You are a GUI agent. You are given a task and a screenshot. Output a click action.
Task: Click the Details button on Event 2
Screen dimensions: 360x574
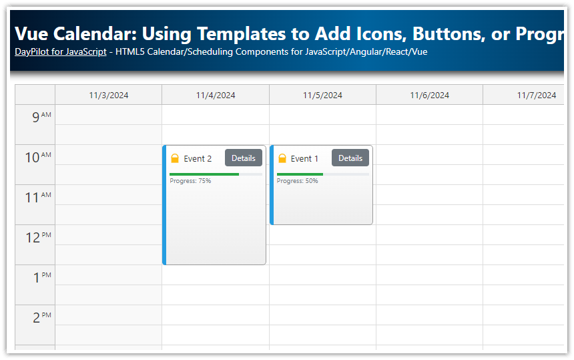pyautogui.click(x=244, y=158)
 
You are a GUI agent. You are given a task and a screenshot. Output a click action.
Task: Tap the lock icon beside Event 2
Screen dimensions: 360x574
pyautogui.click(x=175, y=158)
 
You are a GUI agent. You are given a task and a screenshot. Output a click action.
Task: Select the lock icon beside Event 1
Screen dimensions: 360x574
pyautogui.click(x=282, y=158)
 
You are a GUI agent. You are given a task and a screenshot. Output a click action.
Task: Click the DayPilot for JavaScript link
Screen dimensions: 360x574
pyautogui.click(x=60, y=51)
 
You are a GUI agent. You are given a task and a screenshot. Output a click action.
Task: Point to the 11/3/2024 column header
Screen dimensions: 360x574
pyautogui.click(x=109, y=95)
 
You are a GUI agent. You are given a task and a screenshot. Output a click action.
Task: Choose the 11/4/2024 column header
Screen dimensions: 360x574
pyautogui.click(x=216, y=95)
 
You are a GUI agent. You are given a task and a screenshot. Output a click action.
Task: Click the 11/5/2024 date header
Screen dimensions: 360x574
pyautogui.click(x=322, y=95)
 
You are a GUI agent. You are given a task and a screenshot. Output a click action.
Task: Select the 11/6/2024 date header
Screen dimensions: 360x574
pyautogui.click(x=429, y=95)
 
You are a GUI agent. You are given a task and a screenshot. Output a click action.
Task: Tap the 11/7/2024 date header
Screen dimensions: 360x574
pyautogui.click(x=536, y=95)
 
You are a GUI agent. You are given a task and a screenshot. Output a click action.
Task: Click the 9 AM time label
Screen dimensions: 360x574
pyautogui.click(x=41, y=118)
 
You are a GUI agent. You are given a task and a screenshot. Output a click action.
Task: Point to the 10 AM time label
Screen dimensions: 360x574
pyautogui.click(x=37, y=158)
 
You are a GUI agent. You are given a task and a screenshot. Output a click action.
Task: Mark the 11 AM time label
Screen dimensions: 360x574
pyautogui.click(x=37, y=198)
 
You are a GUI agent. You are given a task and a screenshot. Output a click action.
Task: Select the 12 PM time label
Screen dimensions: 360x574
pyautogui.click(x=37, y=238)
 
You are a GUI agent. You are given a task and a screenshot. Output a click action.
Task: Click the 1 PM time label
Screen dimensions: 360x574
pyautogui.click(x=41, y=278)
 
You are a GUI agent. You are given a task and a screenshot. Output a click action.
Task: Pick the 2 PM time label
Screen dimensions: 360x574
pyautogui.click(x=41, y=318)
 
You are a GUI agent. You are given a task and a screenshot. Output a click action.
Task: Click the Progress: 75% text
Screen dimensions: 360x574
pyautogui.click(x=190, y=181)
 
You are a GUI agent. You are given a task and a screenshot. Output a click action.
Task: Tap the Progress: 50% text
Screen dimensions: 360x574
pyautogui.click(x=297, y=181)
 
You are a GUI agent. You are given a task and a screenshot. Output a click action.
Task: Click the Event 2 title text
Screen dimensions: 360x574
pyautogui.click(x=198, y=159)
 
